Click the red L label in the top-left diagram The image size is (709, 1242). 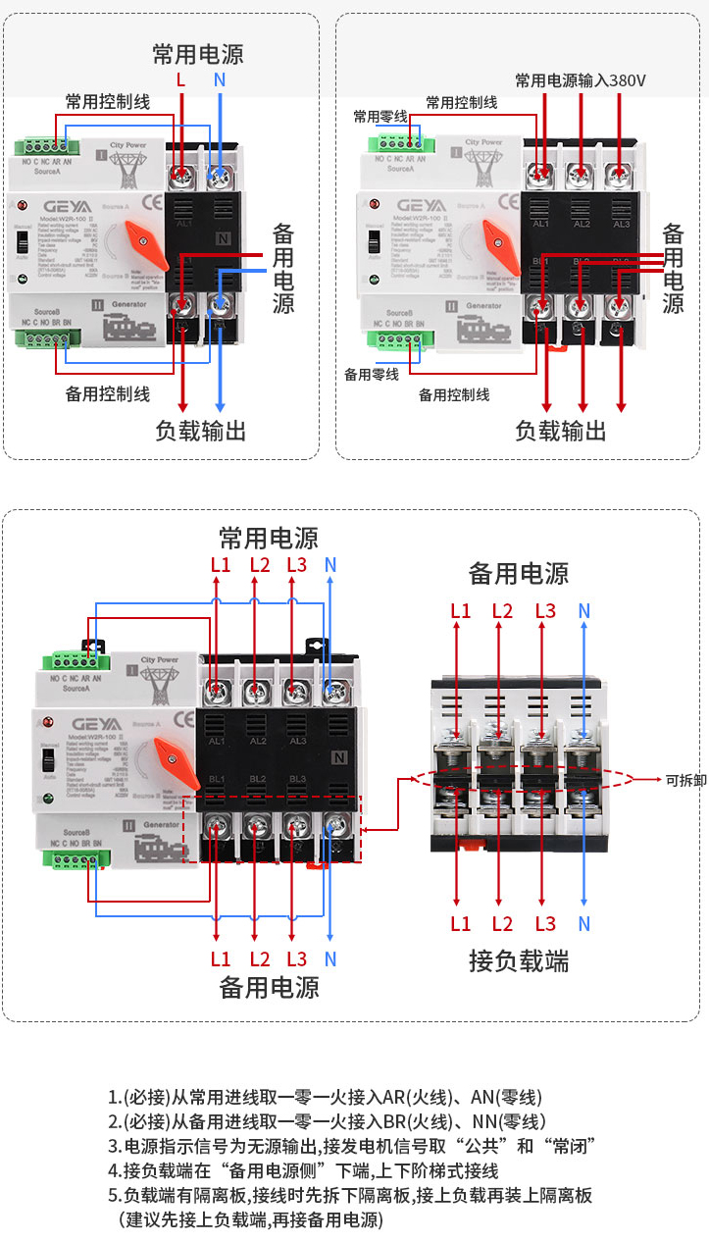tap(180, 78)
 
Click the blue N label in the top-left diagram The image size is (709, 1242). tap(220, 78)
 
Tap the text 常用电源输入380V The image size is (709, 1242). tap(581, 80)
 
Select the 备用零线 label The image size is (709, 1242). tap(372, 374)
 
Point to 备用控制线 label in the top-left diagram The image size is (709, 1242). tap(108, 393)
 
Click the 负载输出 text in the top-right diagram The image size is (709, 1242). tap(561, 431)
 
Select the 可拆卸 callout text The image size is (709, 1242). tap(685, 780)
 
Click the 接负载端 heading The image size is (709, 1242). tap(519, 960)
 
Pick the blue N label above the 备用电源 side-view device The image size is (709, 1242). tap(584, 611)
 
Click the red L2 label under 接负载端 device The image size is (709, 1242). tap(502, 923)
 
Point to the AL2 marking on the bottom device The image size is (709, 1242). tap(258, 741)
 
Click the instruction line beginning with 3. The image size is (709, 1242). tap(353, 1146)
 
